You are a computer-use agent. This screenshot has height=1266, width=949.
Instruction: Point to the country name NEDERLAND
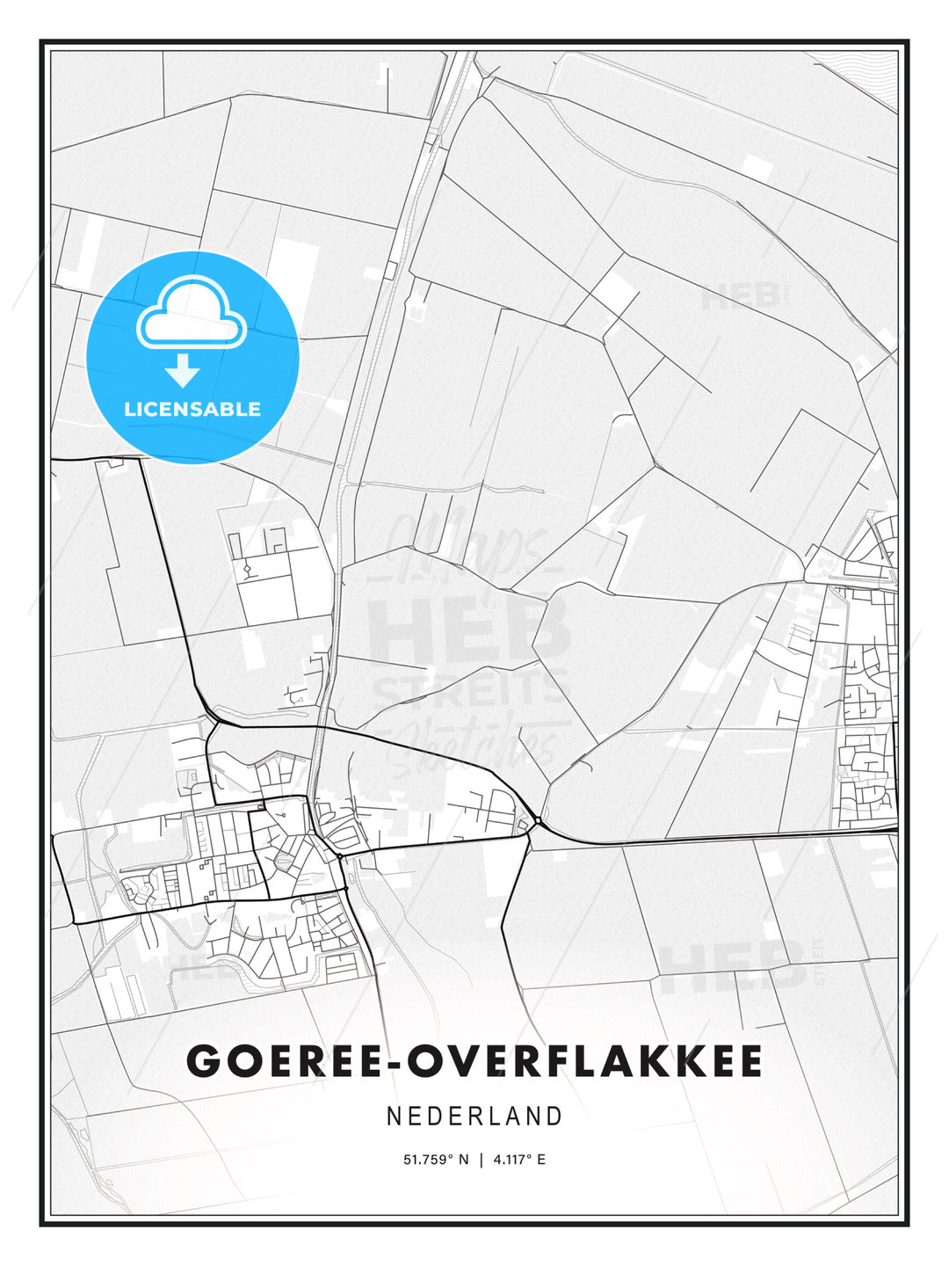point(474,1117)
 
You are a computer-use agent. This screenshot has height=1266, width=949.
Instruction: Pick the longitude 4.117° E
point(519,1160)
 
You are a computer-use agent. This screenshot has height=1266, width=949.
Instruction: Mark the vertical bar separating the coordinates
point(481,1160)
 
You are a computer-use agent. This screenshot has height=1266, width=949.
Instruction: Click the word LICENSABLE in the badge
point(192,409)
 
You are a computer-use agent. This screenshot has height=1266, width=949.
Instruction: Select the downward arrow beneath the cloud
point(183,370)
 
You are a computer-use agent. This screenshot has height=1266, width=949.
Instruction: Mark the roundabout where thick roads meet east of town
point(536,824)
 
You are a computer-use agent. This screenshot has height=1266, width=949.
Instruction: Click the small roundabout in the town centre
point(338,855)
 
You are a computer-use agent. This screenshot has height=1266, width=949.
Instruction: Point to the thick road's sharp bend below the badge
point(143,459)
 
